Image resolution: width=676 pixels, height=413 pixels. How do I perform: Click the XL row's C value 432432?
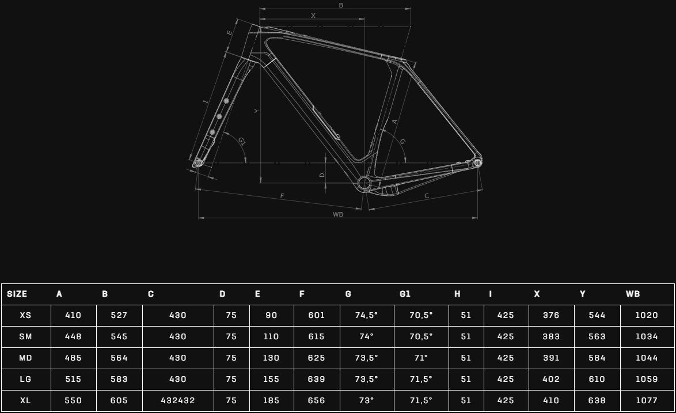tap(177, 400)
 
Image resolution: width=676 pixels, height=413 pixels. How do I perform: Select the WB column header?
tap(632, 294)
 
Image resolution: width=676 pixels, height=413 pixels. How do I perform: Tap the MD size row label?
tap(25, 358)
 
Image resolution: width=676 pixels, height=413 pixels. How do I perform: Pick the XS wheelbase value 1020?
tap(647, 315)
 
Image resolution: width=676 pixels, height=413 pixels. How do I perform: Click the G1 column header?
tap(405, 294)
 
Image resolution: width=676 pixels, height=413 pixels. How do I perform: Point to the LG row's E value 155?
tap(271, 380)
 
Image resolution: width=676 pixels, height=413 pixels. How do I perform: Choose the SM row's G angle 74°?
tap(366, 336)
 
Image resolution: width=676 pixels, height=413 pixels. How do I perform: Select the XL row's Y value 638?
tap(597, 400)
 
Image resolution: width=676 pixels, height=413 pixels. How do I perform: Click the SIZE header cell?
tap(17, 294)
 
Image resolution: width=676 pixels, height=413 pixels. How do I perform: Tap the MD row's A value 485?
tap(73, 358)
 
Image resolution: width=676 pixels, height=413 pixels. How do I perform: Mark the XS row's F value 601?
tap(317, 315)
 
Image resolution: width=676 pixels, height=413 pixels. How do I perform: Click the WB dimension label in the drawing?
tap(337, 214)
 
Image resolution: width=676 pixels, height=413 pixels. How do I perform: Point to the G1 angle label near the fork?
tap(242, 141)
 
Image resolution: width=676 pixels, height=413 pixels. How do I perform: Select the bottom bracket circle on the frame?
tap(364, 183)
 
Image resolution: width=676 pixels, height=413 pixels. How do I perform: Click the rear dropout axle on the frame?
tap(477, 163)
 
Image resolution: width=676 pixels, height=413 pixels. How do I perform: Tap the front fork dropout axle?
tap(198, 163)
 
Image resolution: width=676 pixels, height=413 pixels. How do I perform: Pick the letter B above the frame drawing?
tap(341, 5)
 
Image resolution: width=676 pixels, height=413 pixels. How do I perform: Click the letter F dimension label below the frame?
tap(282, 196)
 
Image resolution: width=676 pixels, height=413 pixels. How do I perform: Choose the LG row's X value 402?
tap(551, 380)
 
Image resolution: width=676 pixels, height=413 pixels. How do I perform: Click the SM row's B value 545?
tap(119, 336)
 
